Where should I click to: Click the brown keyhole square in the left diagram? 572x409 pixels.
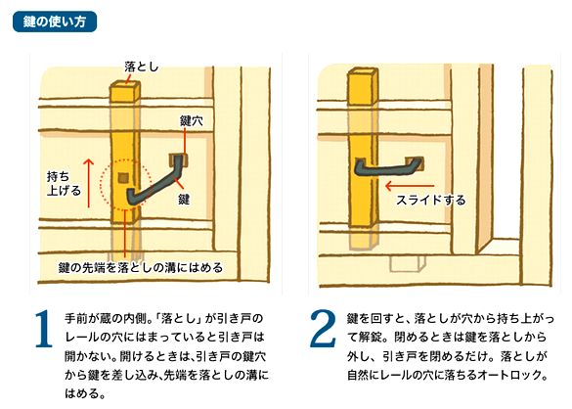coord(178,158)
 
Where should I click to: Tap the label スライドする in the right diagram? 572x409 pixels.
coord(430,200)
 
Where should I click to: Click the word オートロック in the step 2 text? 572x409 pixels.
coord(525,375)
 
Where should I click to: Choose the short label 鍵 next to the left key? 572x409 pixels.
coord(184,198)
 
